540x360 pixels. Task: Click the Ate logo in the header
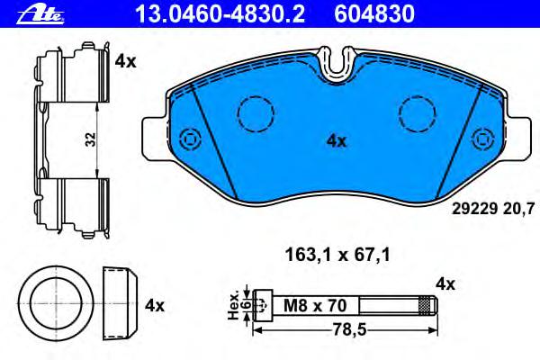coord(40,14)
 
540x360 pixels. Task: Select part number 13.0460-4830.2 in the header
coord(220,14)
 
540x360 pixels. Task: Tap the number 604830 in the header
coord(374,14)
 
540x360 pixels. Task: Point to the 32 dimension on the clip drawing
coord(91,139)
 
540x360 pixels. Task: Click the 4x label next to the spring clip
coord(125,62)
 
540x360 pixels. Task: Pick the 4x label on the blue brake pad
coord(337,141)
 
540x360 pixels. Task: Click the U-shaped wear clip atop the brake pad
coord(337,65)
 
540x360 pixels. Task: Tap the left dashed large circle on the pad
coord(256,113)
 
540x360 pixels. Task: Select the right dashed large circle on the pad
coord(417,113)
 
